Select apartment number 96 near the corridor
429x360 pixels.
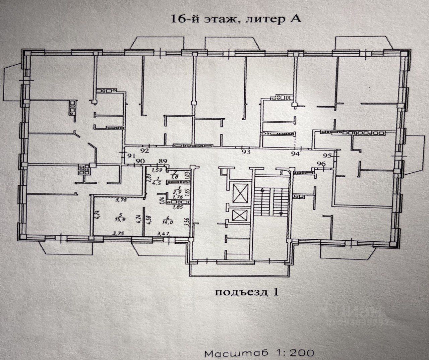coord(321,164)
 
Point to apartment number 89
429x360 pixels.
coord(163,161)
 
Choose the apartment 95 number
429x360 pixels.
coord(327,156)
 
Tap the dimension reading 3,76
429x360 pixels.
coord(120,201)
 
